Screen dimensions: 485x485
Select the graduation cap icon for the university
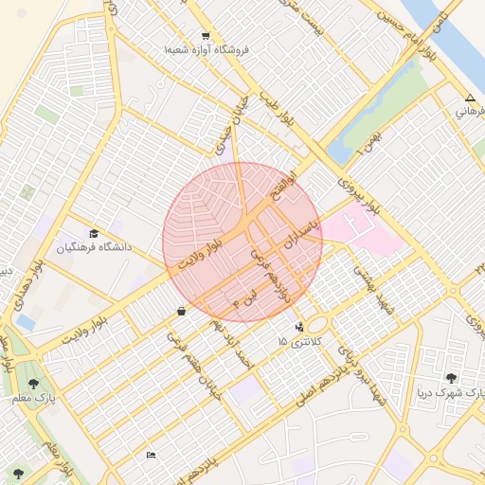click(x=94, y=233)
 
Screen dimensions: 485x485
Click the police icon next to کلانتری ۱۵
click(x=300, y=327)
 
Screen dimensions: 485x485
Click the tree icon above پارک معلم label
click(x=34, y=384)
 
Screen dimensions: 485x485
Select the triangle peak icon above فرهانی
click(x=471, y=99)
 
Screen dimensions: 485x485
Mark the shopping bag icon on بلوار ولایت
click(x=181, y=311)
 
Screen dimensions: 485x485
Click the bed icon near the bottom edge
click(x=151, y=456)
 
